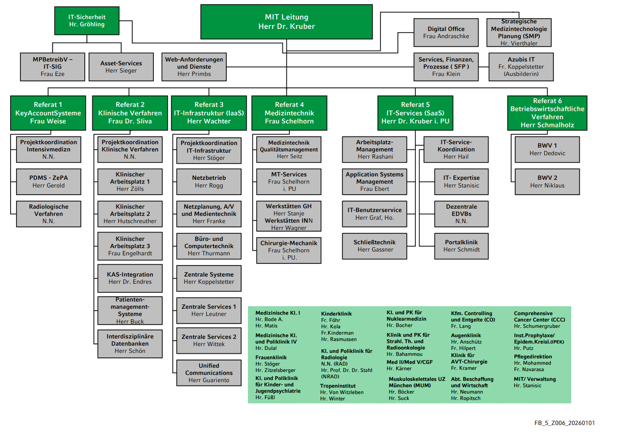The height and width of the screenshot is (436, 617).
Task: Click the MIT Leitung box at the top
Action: click(286, 22)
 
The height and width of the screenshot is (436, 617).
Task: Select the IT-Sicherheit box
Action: click(87, 21)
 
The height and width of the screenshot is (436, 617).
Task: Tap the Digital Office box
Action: click(446, 32)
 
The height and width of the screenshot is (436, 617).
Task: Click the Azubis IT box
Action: click(521, 67)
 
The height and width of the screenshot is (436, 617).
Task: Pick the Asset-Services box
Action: click(121, 67)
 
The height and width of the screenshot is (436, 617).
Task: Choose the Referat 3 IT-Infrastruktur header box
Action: click(209, 113)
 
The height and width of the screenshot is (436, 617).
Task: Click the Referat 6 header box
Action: click(547, 113)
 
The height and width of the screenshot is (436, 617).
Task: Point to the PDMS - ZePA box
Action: click(48, 181)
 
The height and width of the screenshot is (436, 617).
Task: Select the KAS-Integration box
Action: click(130, 278)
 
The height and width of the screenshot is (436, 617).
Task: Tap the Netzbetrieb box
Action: click(209, 181)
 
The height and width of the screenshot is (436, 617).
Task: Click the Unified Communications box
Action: click(209, 373)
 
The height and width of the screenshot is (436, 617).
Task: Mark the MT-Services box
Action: click(289, 181)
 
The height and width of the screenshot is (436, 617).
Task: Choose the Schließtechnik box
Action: click(375, 246)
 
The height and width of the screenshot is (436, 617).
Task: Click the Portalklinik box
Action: click(461, 246)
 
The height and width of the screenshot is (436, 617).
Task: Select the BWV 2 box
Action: click(547, 181)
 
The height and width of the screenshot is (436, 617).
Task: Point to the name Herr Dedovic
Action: click(547, 153)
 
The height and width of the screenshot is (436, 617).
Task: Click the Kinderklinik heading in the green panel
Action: click(336, 314)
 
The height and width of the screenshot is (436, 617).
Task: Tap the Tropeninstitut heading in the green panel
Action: click(338, 386)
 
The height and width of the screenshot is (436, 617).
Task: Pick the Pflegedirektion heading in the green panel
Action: click(533, 357)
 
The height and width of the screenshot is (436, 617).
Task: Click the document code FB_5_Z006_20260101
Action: click(564, 423)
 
